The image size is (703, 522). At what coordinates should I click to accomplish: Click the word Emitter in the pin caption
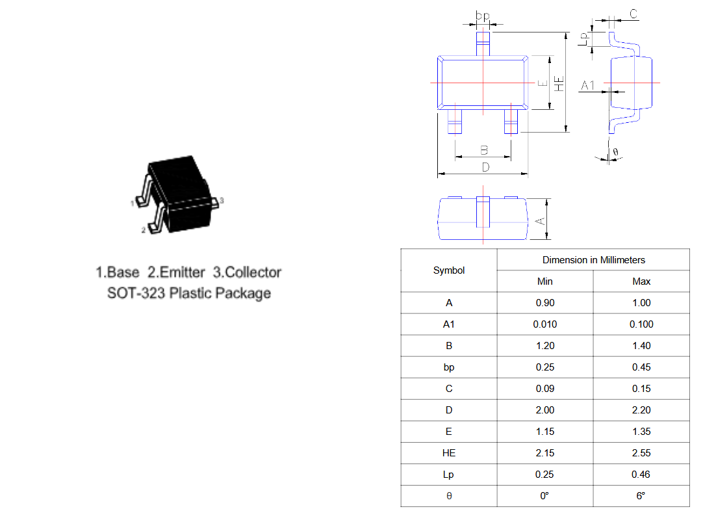pos(182,272)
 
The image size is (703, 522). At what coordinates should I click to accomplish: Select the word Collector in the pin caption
pos(253,272)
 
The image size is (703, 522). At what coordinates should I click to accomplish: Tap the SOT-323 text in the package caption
pos(136,293)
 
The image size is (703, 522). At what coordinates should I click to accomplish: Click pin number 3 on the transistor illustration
pos(222,200)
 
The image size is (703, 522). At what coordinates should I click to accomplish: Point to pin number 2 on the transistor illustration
pos(144,230)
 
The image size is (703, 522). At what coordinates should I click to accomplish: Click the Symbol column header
pos(449,270)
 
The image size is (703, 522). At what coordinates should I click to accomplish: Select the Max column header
pos(641,281)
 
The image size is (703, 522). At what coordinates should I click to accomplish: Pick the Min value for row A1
pos(544,324)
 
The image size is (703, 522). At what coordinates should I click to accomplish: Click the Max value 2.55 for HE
pos(641,453)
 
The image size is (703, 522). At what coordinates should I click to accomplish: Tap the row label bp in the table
pos(449,367)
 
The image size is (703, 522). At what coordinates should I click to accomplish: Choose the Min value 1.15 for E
pos(544,432)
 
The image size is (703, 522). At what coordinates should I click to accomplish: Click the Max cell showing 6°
pos(641,496)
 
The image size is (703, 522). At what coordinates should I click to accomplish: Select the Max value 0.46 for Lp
pos(641,475)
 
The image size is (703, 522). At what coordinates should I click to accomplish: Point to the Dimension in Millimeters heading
pos(594,260)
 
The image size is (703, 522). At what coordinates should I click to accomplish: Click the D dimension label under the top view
pos(485,167)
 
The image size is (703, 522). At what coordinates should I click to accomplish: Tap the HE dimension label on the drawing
pos(559,84)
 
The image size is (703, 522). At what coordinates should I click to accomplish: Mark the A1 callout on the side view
pos(588,85)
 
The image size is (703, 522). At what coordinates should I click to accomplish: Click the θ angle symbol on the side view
pos(615,152)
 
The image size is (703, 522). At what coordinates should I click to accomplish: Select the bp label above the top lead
pos(482,16)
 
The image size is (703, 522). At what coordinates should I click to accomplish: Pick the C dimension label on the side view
pos(633,14)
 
